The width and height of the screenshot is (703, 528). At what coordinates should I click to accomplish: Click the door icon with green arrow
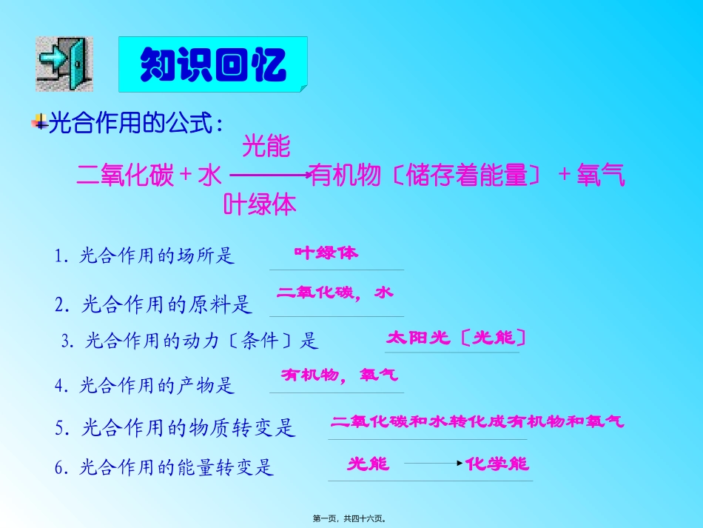[64, 64]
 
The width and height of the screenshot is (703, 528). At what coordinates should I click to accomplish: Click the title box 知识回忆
[213, 64]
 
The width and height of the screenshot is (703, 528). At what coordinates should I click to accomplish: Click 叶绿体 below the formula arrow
[260, 204]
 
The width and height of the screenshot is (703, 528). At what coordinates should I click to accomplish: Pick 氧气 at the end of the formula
[600, 176]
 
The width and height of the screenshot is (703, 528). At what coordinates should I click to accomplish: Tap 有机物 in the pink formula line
[346, 176]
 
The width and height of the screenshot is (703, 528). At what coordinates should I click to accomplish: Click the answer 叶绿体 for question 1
[326, 253]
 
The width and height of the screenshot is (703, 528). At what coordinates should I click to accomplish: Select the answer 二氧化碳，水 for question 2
[334, 293]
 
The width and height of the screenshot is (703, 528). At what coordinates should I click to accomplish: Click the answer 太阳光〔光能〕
[455, 338]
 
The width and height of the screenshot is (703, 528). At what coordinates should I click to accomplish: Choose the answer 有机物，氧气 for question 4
[339, 376]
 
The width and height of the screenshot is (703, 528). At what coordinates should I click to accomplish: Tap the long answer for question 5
[477, 422]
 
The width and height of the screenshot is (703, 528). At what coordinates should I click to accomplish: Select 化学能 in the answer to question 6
[497, 464]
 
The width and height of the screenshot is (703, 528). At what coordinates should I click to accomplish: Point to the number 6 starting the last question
[59, 467]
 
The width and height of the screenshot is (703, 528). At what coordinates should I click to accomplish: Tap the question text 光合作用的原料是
[167, 304]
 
